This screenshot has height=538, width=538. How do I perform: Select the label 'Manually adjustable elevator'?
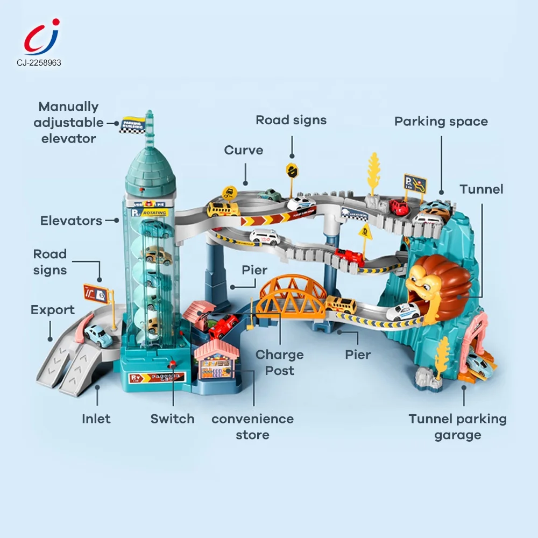click(68, 122)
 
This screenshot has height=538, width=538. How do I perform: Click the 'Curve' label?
click(244, 150)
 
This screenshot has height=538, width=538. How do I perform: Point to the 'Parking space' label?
click(441, 122)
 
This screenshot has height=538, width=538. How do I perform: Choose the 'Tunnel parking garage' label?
click(457, 427)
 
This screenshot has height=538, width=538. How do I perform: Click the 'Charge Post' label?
click(279, 363)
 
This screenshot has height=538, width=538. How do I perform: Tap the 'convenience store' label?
click(252, 427)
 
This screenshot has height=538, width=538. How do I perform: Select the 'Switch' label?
click(172, 419)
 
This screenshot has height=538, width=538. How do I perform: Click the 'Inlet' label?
click(96, 419)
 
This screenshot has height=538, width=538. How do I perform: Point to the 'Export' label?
click(53, 310)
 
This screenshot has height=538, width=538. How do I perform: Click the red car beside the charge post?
click(223, 325)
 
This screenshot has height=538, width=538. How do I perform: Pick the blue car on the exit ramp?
click(99, 335)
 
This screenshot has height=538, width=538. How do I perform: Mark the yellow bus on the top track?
click(223, 209)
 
